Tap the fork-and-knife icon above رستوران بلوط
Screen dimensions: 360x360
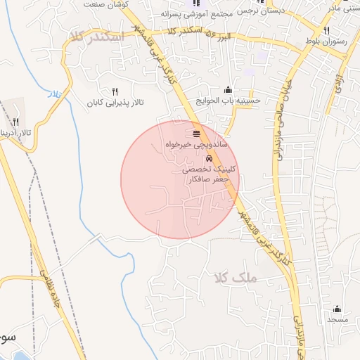[327, 30]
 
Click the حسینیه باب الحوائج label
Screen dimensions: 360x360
[229, 101]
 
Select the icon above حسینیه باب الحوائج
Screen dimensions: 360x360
[228, 89]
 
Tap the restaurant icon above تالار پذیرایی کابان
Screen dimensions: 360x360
[115, 91]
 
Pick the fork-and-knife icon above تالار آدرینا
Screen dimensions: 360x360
[15, 122]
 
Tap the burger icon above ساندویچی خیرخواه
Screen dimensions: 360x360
[195, 132]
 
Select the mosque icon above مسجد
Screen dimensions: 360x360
[337, 308]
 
